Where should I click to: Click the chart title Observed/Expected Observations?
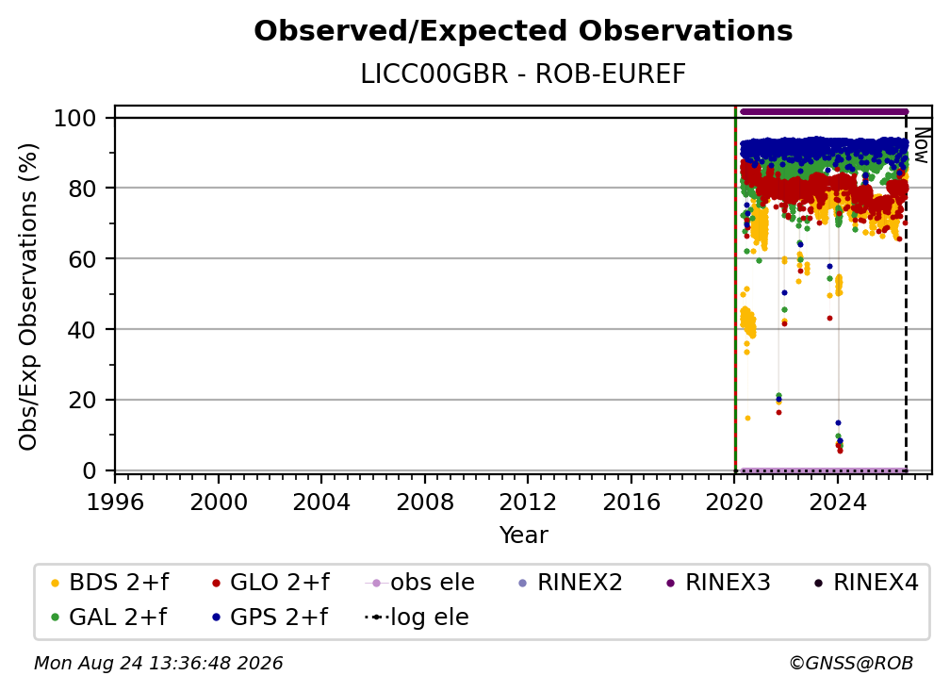click(523, 31)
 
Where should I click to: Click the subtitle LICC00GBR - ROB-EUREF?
click(523, 74)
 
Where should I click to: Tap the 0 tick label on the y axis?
click(90, 470)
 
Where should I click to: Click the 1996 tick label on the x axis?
click(115, 503)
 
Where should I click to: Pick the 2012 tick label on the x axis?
click(528, 503)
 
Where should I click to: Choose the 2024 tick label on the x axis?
click(837, 503)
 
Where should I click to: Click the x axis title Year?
click(523, 535)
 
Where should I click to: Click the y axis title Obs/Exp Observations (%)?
click(28, 297)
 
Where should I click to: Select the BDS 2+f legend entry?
click(109, 583)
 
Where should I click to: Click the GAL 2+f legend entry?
click(108, 618)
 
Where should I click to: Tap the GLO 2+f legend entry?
click(270, 583)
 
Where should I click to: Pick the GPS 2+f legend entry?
click(270, 618)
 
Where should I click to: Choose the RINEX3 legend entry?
click(718, 583)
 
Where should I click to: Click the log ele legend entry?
click(417, 618)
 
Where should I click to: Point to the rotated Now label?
click(921, 145)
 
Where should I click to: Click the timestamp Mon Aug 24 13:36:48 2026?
click(158, 664)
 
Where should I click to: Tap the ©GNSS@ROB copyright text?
click(851, 664)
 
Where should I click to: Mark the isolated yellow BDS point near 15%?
click(747, 418)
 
